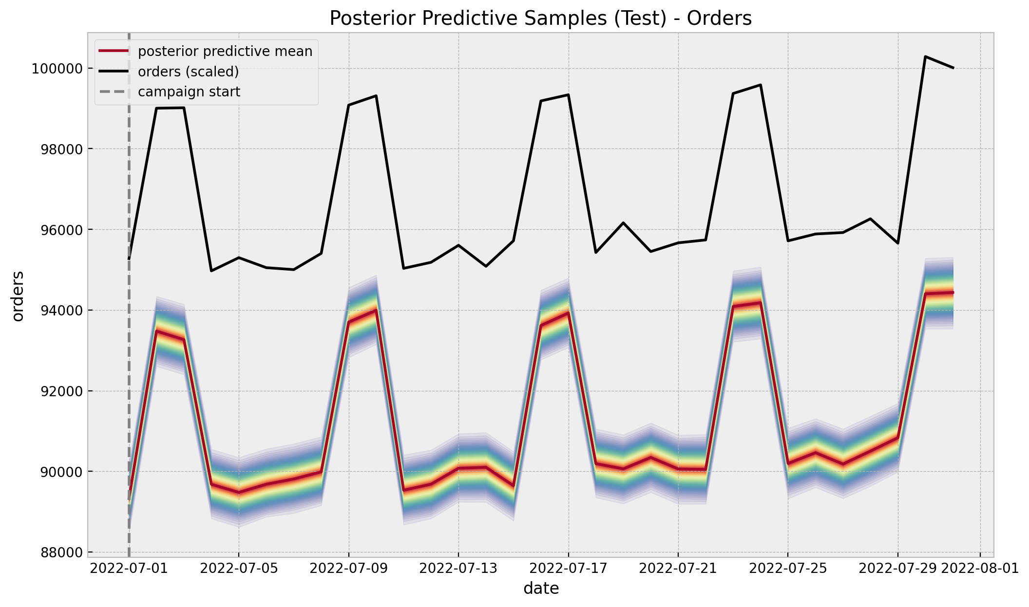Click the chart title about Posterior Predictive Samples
pos(540,18)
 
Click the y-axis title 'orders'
pos(18,296)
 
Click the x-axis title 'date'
pos(541,589)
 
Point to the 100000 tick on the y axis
pos(57,69)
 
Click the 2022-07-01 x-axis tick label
pos(129,569)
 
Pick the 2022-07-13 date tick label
pos(458,569)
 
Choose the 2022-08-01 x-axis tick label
pos(980,569)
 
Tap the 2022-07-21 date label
pos(678,569)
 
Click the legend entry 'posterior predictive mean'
pos(225,51)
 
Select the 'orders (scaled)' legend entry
pos(189,72)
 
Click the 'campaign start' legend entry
pos(189,92)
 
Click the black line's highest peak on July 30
pos(925,56)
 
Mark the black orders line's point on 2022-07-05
pos(239,258)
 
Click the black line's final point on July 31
pos(953,68)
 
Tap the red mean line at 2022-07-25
pos(788,463)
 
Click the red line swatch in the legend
pos(114,51)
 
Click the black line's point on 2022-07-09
pos(349,105)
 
